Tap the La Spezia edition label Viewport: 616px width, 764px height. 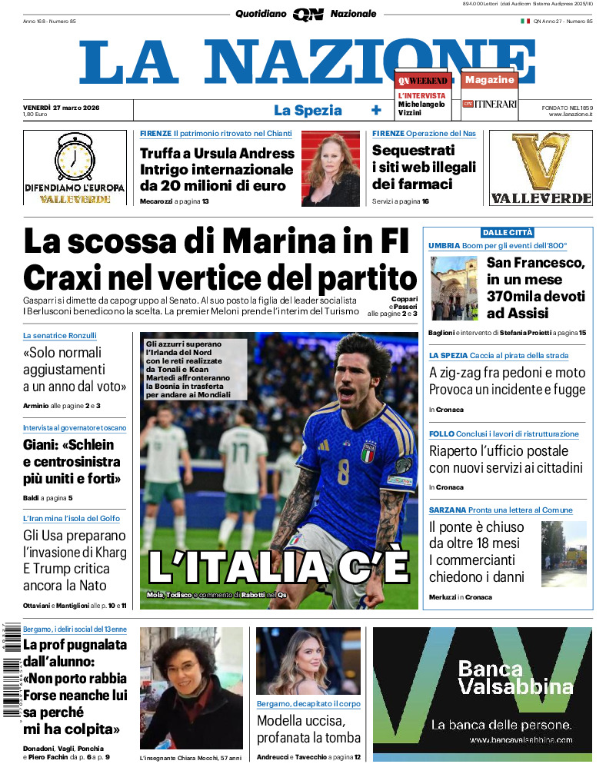pos(308,110)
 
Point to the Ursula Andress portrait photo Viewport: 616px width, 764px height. pos(330,169)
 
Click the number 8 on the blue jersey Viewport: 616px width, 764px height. pos(343,470)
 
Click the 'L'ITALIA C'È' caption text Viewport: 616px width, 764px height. pos(278,566)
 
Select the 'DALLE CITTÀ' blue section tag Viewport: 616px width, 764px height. pos(508,232)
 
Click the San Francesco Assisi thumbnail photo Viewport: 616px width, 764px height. pos(454,288)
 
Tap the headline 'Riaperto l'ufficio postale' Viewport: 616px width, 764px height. pos(498,451)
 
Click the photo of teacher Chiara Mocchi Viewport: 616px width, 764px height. pos(191,688)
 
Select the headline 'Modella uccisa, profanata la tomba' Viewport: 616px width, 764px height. pos(308,729)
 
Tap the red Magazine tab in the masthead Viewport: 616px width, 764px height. pos(489,80)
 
